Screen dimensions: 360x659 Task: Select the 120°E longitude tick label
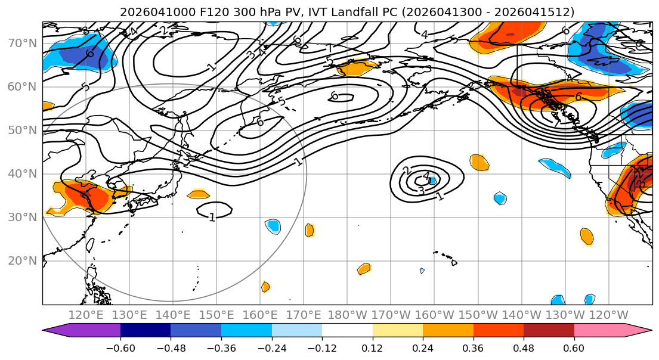point(86,315)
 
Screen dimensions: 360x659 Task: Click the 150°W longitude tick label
point(478,315)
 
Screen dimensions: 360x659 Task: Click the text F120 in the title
point(191,12)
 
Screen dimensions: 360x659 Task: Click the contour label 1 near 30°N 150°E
point(212,218)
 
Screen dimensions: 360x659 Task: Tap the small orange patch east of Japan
point(198,194)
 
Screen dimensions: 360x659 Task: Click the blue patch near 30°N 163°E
point(273,226)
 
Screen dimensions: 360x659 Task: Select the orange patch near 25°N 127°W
point(587,236)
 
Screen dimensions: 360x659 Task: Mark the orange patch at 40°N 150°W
point(479,162)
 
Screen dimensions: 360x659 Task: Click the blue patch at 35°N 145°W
point(500,198)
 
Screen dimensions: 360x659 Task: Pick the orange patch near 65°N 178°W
point(357,68)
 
